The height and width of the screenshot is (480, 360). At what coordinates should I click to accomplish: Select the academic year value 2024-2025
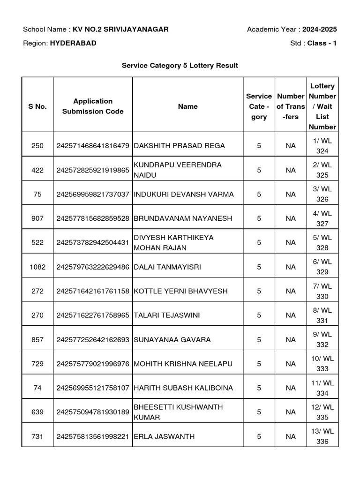click(319, 30)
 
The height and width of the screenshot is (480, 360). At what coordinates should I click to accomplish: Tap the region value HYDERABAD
click(73, 43)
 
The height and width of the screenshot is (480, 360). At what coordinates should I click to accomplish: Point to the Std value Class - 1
click(322, 43)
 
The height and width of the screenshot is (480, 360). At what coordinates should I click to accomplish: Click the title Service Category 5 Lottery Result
click(180, 66)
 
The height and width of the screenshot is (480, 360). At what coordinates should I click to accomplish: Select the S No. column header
click(37, 106)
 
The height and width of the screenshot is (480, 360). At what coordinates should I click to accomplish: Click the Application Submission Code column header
click(93, 106)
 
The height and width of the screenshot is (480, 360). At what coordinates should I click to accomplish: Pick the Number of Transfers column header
click(291, 106)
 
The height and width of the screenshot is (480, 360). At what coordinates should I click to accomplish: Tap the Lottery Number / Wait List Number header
click(322, 106)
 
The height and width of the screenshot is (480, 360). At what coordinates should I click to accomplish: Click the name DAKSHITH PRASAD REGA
click(173, 146)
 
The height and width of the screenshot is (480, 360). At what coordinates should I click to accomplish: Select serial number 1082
click(37, 267)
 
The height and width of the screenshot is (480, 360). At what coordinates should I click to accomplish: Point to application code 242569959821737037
click(93, 194)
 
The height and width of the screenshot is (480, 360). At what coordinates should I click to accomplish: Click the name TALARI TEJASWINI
click(167, 315)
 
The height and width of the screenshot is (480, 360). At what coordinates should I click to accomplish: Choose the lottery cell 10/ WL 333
click(322, 364)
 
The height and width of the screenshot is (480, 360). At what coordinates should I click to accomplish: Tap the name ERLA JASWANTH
click(157, 436)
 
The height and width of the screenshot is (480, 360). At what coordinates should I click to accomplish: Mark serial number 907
click(37, 218)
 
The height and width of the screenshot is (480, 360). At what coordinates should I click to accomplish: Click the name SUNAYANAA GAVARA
click(172, 339)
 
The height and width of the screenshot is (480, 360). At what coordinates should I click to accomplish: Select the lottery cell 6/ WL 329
click(322, 267)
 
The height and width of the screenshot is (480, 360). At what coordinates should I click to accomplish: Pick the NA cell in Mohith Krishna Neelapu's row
click(291, 364)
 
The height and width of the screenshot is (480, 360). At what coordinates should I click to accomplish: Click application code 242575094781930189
click(93, 412)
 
